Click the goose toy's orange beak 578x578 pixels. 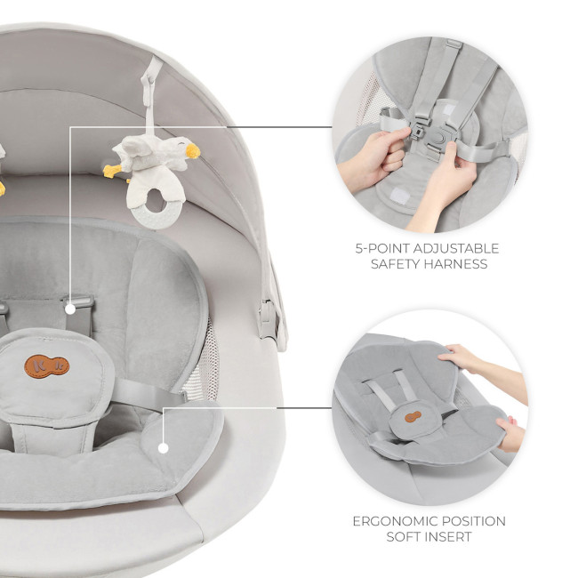click(192, 150)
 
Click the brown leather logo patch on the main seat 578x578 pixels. click(47, 366)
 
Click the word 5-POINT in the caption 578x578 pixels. click(382, 248)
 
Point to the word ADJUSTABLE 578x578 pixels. click(456, 248)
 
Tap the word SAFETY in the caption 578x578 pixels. click(395, 264)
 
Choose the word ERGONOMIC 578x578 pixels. click(396, 521)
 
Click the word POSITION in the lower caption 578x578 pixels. click(474, 521)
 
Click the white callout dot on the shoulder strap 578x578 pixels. click(70, 309)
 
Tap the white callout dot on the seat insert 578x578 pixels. click(164, 448)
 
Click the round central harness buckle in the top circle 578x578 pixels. click(438, 137)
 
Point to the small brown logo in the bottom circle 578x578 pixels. click(413, 417)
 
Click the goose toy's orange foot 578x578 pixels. click(112, 171)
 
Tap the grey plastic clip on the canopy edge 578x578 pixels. click(268, 318)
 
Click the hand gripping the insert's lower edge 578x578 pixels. click(510, 434)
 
